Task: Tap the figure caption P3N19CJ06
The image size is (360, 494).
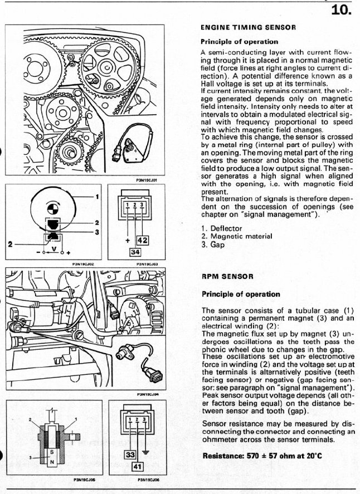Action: point(132,478)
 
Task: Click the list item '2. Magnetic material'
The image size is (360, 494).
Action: point(236,236)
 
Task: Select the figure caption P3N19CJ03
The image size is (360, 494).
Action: point(133,265)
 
